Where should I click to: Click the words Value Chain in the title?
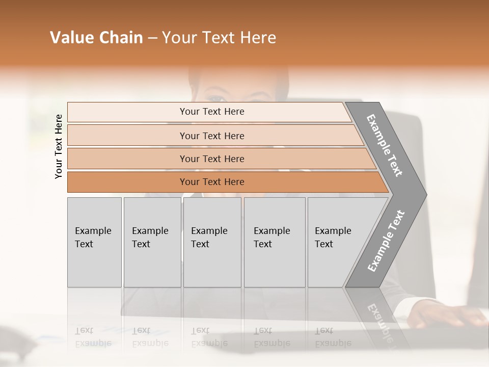click(96, 38)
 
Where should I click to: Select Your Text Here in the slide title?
click(219, 38)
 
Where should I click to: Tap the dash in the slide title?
click(152, 38)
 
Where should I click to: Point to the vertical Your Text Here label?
click(59, 146)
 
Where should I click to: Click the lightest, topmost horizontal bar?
click(211, 112)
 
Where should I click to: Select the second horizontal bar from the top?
click(211, 136)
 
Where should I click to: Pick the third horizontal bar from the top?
click(211, 159)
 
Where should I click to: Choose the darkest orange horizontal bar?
click(211, 182)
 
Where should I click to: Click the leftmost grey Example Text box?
click(94, 242)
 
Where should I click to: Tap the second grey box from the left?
click(152, 242)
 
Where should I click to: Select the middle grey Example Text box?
click(212, 242)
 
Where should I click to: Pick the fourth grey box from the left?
click(274, 242)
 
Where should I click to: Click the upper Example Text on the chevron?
click(385, 145)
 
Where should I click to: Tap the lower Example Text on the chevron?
click(386, 241)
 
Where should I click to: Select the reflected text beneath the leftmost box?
click(93, 337)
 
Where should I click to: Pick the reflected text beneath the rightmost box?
click(333, 337)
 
